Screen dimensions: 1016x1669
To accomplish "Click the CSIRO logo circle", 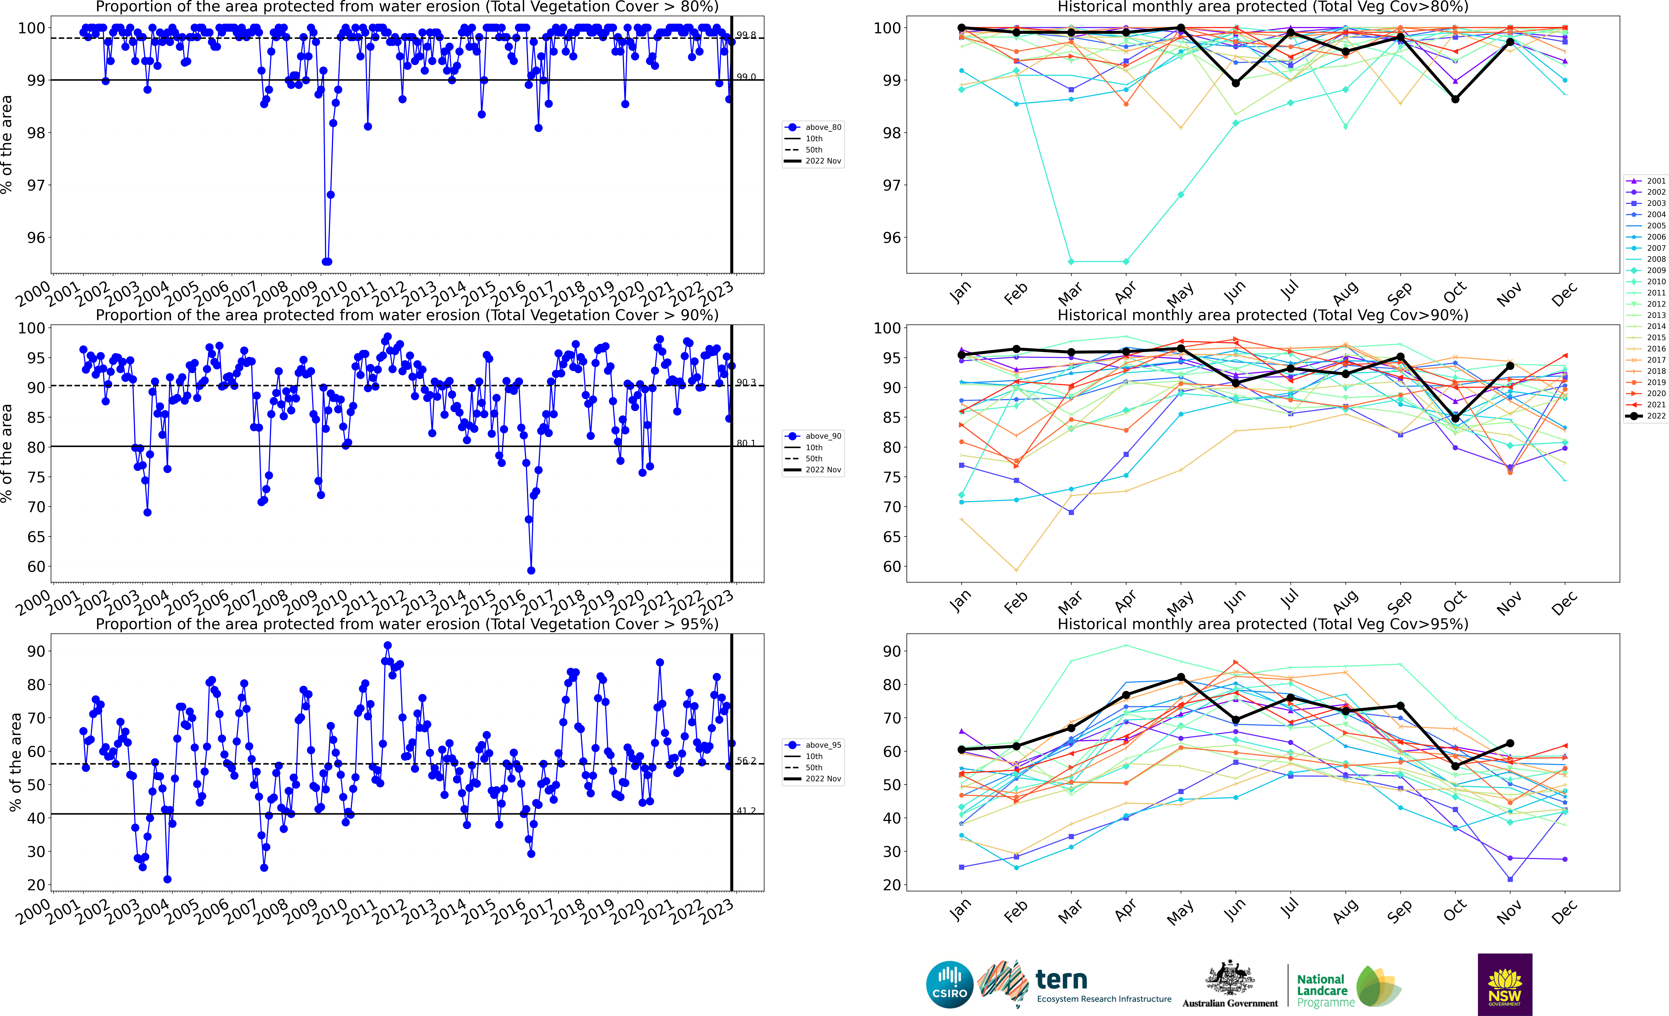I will coord(950,984).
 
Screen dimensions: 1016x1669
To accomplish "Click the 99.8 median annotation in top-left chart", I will coord(746,35).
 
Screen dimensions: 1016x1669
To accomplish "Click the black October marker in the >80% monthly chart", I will coord(1455,99).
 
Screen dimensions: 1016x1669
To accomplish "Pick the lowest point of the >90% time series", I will coord(531,570).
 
